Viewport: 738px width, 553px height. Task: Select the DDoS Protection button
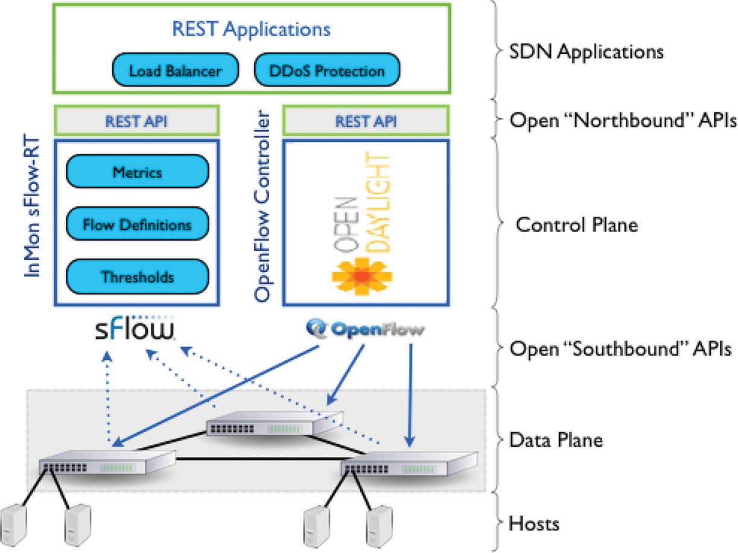[x=327, y=70]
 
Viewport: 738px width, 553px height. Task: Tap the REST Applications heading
[x=251, y=28]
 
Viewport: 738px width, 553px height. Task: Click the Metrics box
[x=137, y=173]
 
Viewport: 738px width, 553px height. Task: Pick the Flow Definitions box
[x=137, y=225]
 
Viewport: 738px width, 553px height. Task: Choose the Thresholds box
[x=137, y=277]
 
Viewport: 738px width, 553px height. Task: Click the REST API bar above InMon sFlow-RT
[x=137, y=121]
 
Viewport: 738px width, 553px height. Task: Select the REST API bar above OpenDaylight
[x=366, y=121]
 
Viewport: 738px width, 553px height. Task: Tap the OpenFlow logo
[x=365, y=330]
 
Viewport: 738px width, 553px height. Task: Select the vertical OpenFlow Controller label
[x=263, y=205]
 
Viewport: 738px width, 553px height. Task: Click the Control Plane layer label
[x=576, y=225]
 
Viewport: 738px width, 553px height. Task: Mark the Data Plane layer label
[x=556, y=440]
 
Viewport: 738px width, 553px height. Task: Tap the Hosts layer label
[x=534, y=523]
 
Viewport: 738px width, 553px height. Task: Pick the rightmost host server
[x=379, y=524]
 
